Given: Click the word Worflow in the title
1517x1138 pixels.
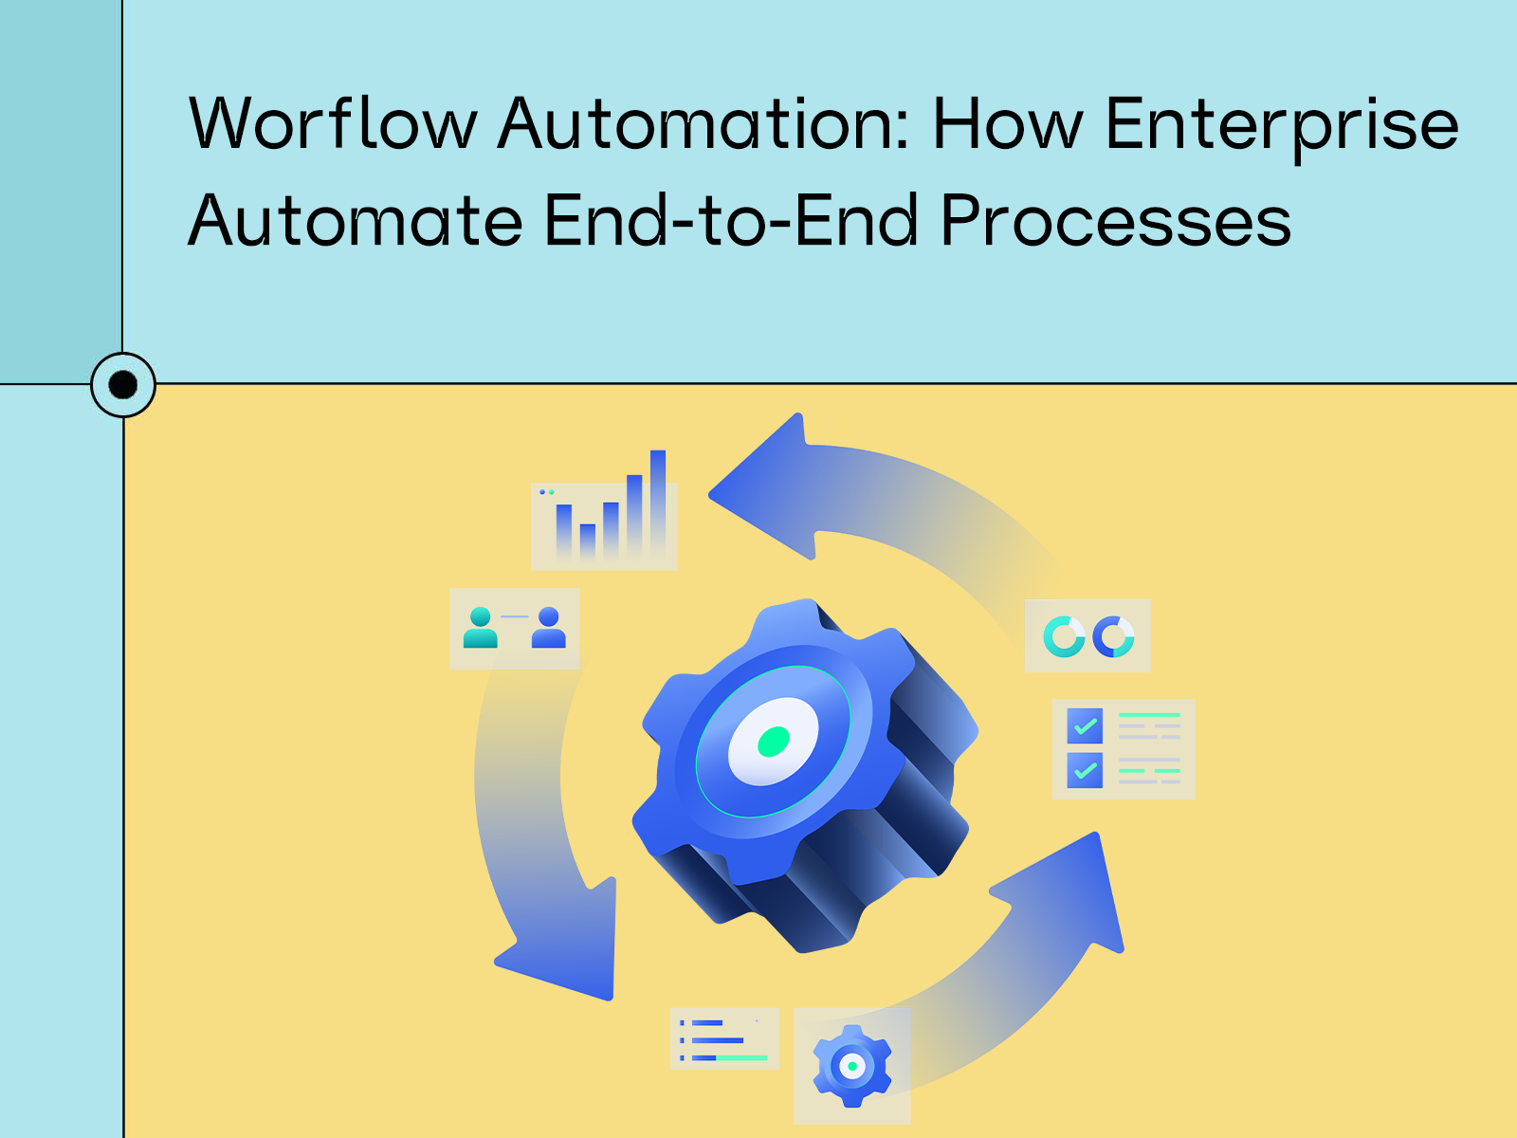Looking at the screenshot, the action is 333,123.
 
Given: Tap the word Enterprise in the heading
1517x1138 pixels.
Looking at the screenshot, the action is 1282,125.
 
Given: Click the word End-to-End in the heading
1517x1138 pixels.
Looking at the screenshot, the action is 731,221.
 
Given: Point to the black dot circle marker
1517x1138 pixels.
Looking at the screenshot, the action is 123,385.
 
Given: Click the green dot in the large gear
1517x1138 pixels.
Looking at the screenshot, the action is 774,742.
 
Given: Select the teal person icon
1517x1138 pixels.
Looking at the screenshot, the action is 481,628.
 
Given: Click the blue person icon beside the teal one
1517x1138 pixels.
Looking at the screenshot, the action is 548,628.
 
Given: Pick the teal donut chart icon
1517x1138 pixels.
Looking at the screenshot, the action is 1064,636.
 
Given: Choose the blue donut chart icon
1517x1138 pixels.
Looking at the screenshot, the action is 1113,636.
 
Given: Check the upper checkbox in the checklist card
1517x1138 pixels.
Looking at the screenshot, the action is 1085,726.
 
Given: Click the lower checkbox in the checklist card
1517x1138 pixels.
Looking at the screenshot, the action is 1085,770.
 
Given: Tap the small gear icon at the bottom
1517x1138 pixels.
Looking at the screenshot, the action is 852,1066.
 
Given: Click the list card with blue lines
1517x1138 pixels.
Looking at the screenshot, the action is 724,1039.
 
